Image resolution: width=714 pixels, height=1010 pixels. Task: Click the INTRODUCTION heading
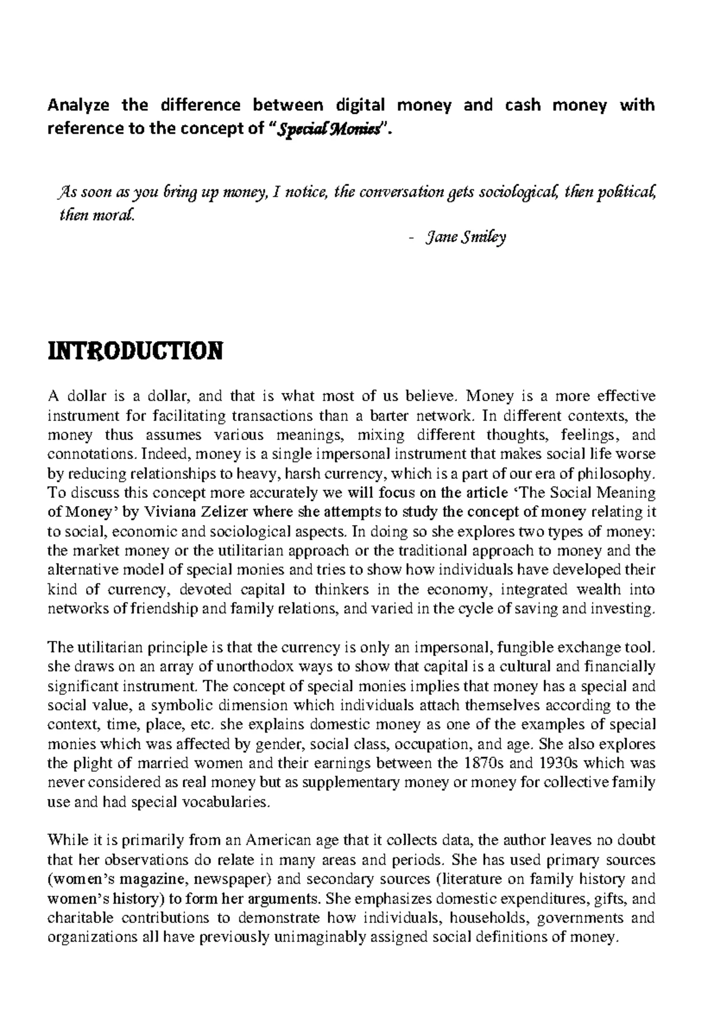[134, 351]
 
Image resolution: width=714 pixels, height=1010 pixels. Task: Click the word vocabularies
[227, 802]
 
